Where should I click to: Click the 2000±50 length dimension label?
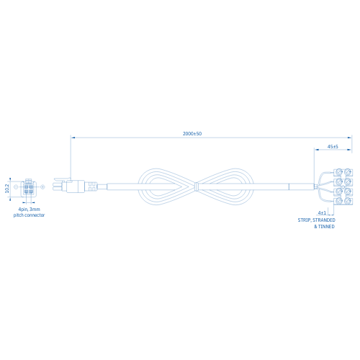pyautogui.click(x=192, y=134)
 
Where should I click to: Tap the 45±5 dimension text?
pyautogui.click(x=333, y=147)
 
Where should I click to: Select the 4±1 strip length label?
pyautogui.click(x=322, y=213)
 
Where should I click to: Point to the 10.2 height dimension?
pyautogui.click(x=7, y=189)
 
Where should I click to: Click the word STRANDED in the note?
pyautogui.click(x=324, y=220)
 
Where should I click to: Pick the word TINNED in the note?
pyautogui.click(x=326, y=227)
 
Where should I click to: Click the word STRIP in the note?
pyautogui.click(x=305, y=220)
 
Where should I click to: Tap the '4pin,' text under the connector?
pyautogui.click(x=23, y=210)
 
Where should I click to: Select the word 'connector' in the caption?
pyautogui.click(x=35, y=215)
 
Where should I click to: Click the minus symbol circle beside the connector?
pyautogui.click(x=16, y=186)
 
